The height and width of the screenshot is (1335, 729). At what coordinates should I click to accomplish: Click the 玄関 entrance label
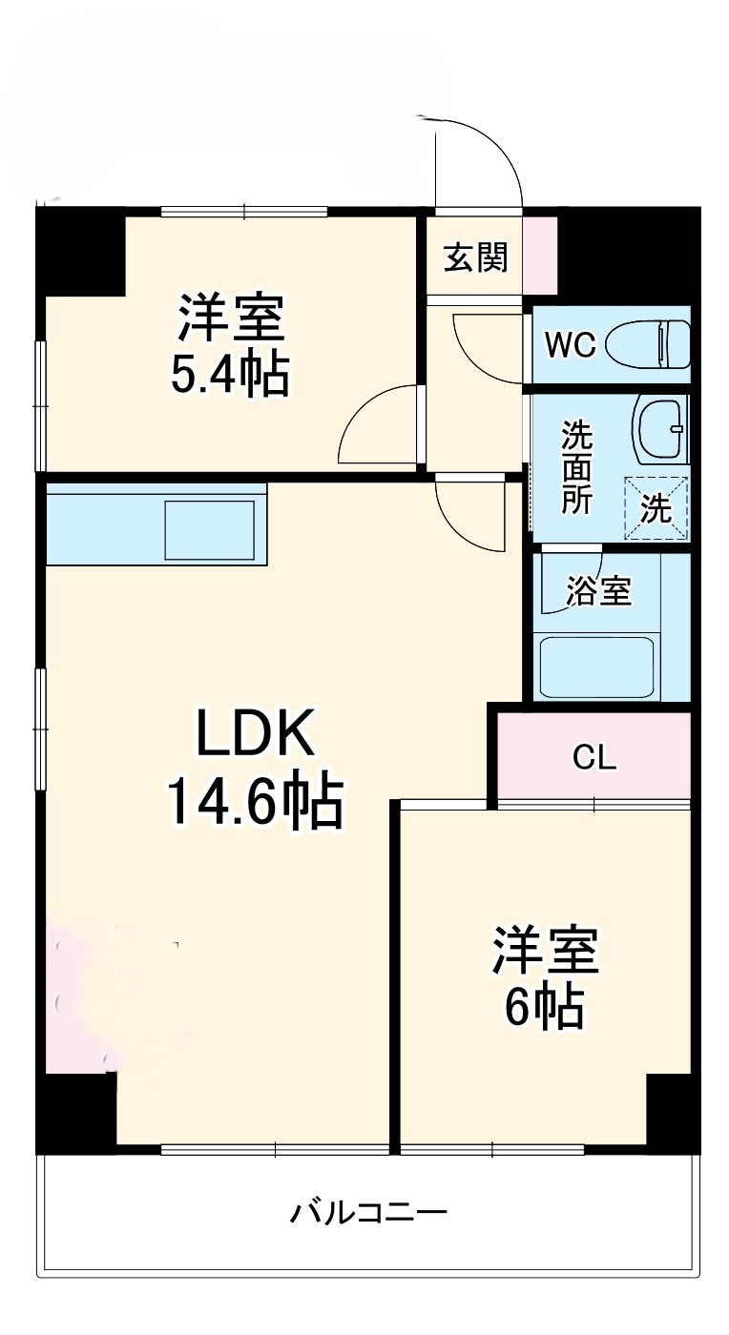pos(474,257)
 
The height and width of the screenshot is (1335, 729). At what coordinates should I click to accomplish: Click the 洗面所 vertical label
pos(575,467)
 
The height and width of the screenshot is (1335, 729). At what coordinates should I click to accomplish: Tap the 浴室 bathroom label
pos(598,591)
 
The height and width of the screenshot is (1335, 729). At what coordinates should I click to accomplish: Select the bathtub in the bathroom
pos(596,667)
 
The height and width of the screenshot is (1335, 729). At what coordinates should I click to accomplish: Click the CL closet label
pos(594,757)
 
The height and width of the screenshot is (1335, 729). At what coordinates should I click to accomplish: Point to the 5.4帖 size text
pos(230,376)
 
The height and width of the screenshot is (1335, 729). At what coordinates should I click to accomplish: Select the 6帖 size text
pos(544,1005)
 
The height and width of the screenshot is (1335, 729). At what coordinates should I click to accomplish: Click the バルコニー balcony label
pos(367,1214)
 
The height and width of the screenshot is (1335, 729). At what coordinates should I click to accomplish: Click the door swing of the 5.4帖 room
pos(377,424)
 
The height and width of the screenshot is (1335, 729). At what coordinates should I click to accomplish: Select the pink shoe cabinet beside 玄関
pos(539,256)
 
